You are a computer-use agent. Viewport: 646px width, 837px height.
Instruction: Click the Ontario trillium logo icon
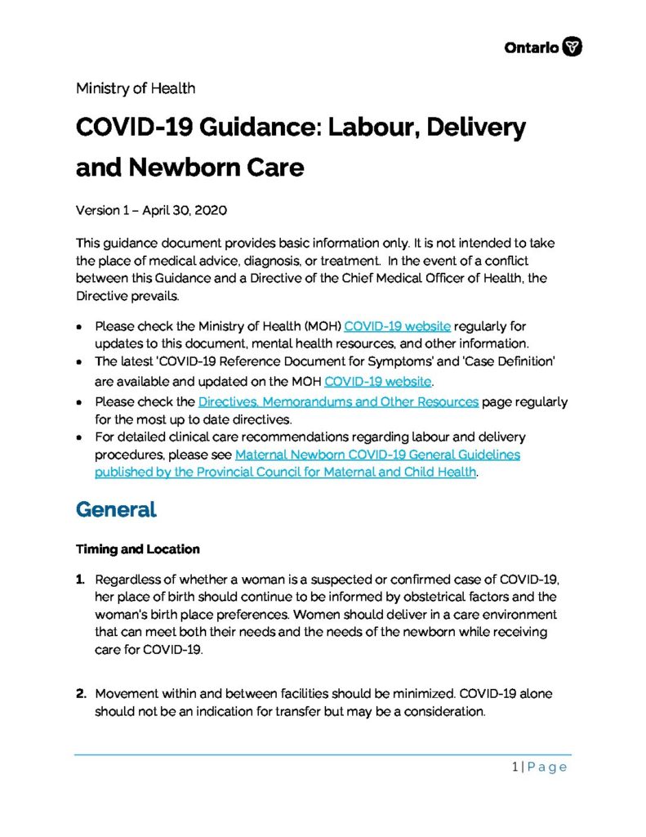574,47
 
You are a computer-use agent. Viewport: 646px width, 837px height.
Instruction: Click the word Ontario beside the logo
532,48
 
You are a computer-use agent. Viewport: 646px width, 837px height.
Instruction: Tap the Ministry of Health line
135,87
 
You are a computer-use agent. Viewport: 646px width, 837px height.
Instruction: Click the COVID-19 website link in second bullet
377,381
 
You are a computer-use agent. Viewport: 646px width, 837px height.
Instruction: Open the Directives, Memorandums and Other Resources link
338,402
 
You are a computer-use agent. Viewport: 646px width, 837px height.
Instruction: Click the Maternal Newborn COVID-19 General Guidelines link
377,454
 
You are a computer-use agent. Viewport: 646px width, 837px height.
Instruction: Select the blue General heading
115,509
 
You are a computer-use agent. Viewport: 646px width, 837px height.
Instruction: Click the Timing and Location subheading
137,548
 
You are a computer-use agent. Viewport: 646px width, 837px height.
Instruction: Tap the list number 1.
80,579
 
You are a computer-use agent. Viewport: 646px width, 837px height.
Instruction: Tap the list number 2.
81,694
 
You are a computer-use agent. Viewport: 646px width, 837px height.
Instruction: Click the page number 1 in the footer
515,767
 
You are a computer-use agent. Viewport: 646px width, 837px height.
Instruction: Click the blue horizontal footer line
323,754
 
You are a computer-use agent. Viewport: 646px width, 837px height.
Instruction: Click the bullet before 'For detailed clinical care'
78,437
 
